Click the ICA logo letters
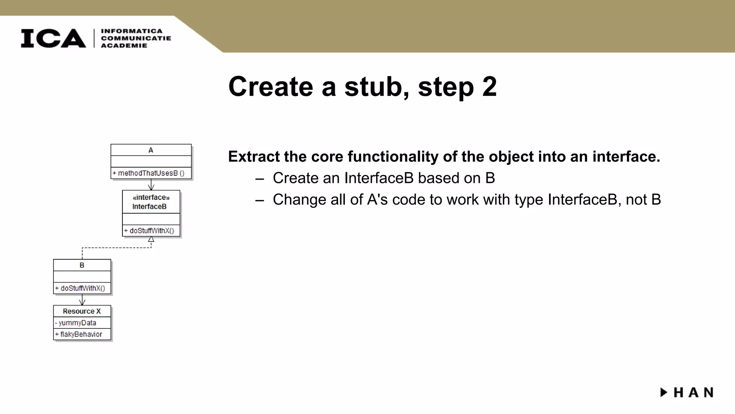point(53,38)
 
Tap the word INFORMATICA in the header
point(132,31)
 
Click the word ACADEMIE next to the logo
point(124,46)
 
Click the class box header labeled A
point(151,150)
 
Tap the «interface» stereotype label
point(151,197)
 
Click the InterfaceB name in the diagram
point(149,207)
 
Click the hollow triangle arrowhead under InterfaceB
point(151,239)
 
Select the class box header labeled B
point(82,265)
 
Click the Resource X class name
point(82,311)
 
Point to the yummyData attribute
point(77,323)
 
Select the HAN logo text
point(693,392)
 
